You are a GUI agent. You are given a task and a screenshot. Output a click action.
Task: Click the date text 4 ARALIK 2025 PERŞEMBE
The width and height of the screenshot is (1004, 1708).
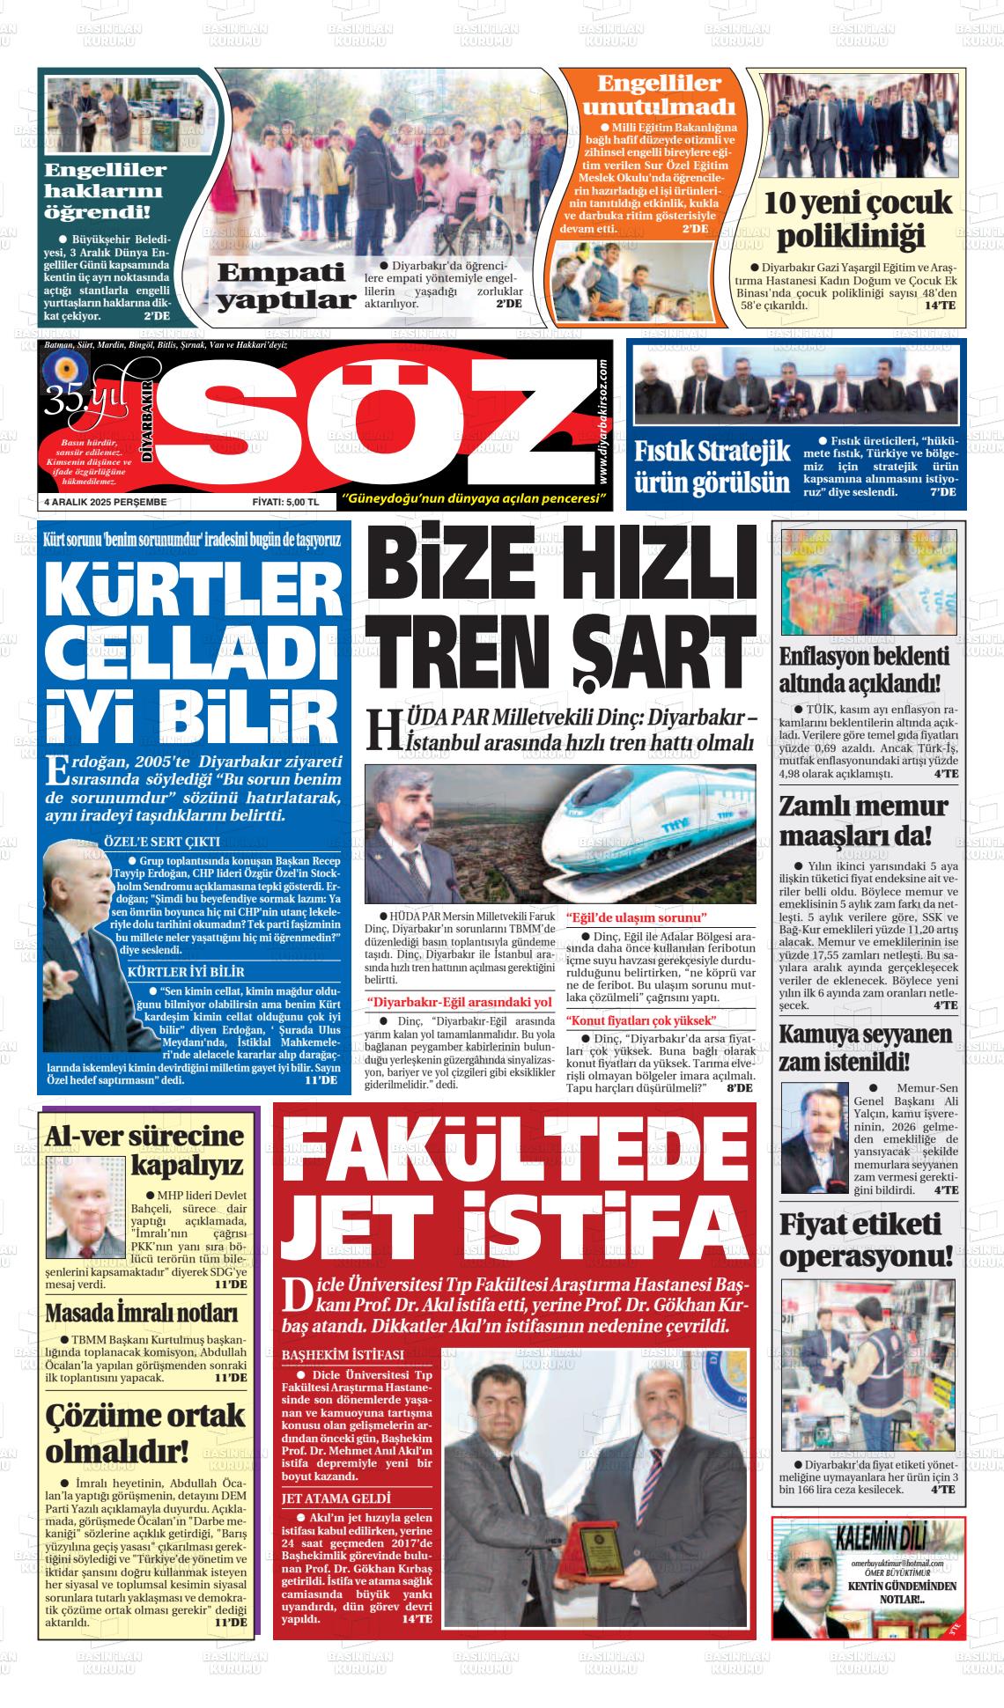click(106, 502)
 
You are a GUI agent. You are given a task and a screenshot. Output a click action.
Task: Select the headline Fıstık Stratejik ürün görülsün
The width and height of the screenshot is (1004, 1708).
click(712, 467)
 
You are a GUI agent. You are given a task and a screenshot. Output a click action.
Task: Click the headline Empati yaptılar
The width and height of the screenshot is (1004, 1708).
click(285, 286)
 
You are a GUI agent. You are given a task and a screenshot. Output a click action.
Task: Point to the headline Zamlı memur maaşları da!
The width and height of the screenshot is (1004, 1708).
click(864, 821)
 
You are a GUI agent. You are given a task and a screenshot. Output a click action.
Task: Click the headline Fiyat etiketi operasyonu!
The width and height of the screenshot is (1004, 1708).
click(867, 1240)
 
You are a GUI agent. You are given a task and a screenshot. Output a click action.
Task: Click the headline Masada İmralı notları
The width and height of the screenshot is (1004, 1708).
click(142, 1314)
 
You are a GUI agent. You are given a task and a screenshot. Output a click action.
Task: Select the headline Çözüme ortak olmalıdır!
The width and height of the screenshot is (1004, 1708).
click(145, 1431)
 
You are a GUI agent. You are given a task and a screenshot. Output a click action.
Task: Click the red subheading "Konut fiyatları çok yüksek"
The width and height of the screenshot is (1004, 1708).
click(641, 1020)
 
